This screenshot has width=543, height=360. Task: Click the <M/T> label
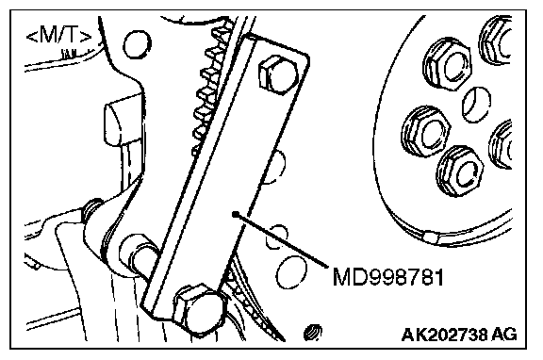click(x=59, y=36)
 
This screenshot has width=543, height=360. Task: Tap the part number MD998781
click(x=387, y=277)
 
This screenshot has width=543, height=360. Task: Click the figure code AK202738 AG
click(x=459, y=335)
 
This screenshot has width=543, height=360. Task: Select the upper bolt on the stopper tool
click(x=278, y=74)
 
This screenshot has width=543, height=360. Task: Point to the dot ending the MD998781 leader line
click(x=236, y=214)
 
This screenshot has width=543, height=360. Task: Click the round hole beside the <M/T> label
click(x=137, y=44)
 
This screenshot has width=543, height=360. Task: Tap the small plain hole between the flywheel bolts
click(x=476, y=105)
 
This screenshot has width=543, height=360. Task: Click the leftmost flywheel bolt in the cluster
click(x=426, y=132)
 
